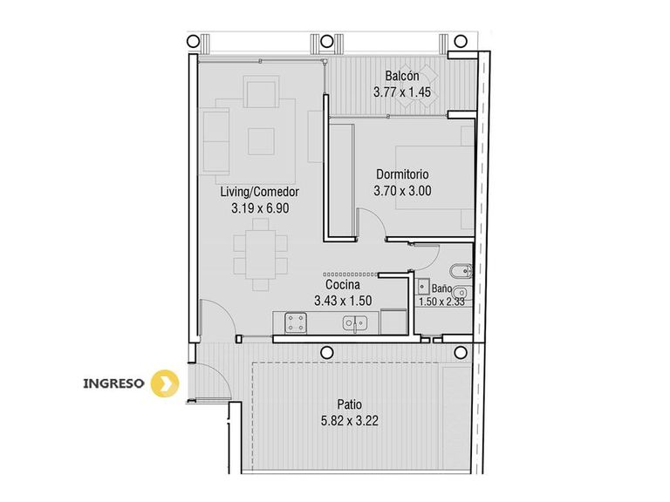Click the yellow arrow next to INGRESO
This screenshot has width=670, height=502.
[x=167, y=383]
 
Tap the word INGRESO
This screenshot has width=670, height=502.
[x=113, y=383]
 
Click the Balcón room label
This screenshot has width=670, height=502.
[x=402, y=76]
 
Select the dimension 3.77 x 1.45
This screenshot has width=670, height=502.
[x=402, y=92]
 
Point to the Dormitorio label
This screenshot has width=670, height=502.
[x=402, y=174]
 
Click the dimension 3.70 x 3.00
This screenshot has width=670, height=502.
[x=402, y=191]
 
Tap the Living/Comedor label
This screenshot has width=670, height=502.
[x=259, y=192]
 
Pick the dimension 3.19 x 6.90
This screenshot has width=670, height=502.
[x=260, y=208]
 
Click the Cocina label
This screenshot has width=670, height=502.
[x=343, y=284]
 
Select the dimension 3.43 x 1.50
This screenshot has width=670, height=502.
[x=343, y=301]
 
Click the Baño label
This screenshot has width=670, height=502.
[x=441, y=288]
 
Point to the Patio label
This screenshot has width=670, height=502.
[x=350, y=404]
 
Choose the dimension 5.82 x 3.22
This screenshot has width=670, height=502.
[x=350, y=421]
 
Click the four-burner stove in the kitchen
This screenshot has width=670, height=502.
[x=296, y=322]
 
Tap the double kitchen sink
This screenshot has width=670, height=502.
[x=355, y=323]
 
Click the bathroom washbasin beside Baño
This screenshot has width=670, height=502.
[x=423, y=286]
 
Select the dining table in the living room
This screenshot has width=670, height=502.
[x=260, y=254]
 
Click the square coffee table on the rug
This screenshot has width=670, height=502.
[x=261, y=141]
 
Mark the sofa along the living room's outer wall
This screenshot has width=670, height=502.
[x=216, y=141]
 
